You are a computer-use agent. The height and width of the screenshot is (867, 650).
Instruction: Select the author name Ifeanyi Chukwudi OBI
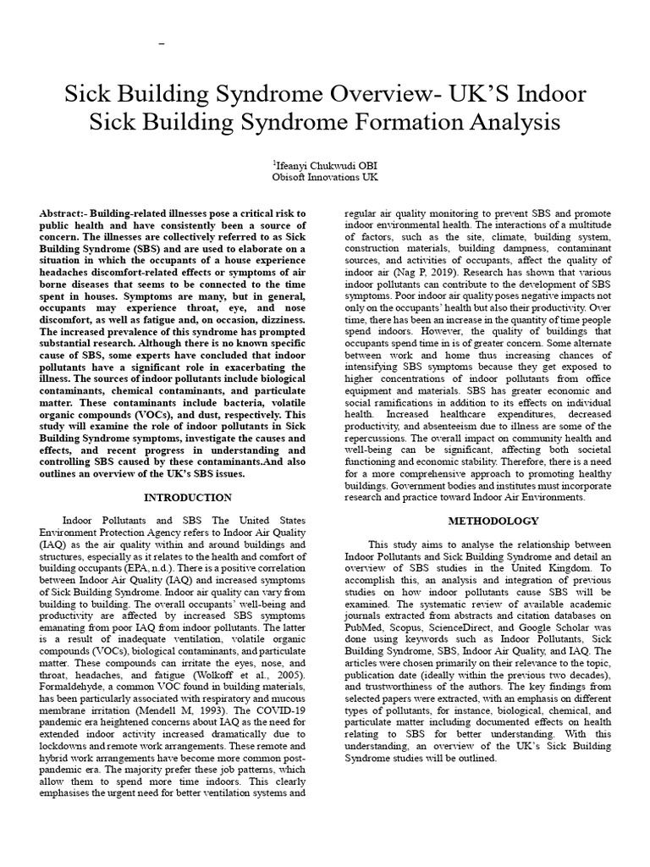tap(325, 165)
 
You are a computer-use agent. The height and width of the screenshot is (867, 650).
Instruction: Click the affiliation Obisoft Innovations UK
tap(325, 177)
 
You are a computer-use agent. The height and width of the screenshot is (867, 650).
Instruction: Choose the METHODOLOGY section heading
tap(492, 520)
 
